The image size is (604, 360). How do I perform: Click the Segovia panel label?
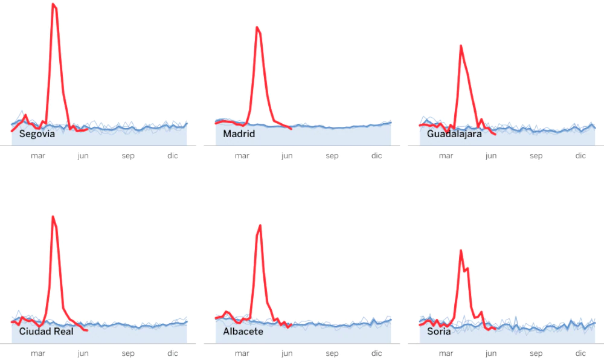tap(37, 134)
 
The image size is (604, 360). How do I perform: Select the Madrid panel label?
tap(239, 134)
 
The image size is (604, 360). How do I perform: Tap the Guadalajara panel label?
tap(454, 134)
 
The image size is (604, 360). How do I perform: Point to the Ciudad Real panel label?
tap(47, 332)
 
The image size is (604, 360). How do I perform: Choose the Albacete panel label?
tap(243, 332)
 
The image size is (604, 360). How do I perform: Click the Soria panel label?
tap(439, 332)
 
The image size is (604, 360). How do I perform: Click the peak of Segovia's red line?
tap(53, 4)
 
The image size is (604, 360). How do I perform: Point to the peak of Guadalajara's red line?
tap(461, 46)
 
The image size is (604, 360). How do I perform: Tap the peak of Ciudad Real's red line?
tap(53, 216)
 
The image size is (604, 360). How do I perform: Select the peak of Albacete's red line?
tap(260, 225)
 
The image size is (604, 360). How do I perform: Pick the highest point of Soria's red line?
tap(461, 250)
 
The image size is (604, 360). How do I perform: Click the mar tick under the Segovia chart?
tap(38, 156)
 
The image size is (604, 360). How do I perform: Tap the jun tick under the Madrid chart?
tap(287, 156)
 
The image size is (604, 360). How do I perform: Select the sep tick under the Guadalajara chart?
tap(536, 156)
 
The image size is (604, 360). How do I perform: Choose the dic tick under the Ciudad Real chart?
tap(173, 353)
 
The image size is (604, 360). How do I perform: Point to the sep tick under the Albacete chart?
tap(332, 353)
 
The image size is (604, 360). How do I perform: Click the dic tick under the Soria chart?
tap(580, 353)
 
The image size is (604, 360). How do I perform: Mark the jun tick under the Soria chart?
tap(491, 353)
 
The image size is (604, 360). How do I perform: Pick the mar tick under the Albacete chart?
tap(242, 353)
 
